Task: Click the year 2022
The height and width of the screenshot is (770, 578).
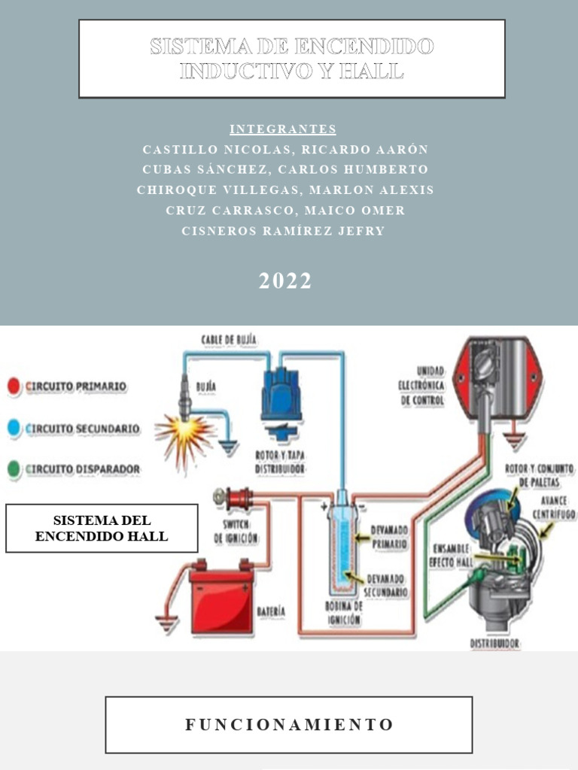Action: click(x=285, y=281)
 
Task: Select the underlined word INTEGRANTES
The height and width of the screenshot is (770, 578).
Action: click(x=283, y=129)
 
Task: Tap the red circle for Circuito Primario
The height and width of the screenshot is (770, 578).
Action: click(x=14, y=387)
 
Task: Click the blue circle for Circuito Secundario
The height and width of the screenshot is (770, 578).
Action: click(x=14, y=429)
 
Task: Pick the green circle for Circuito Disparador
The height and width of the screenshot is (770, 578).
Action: click(x=14, y=470)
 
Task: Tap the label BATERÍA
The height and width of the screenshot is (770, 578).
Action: click(x=271, y=612)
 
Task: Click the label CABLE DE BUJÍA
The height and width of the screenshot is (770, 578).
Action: click(x=229, y=340)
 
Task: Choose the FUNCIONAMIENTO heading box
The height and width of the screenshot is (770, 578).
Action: click(x=289, y=725)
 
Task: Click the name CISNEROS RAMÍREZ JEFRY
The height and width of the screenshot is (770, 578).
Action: click(x=283, y=232)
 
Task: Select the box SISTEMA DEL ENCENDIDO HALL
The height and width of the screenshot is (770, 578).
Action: click(x=102, y=528)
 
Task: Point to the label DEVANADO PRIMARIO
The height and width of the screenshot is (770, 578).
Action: click(x=388, y=537)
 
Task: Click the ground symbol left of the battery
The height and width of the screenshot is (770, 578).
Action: click(x=166, y=622)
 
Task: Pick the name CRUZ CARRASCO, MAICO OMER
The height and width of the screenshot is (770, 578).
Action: click(x=285, y=211)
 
